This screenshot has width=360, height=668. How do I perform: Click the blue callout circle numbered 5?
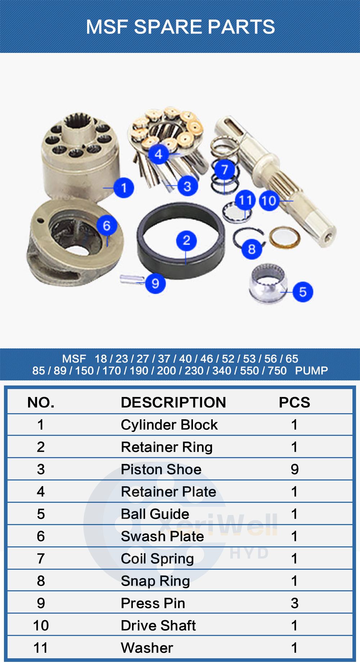pos(302,292)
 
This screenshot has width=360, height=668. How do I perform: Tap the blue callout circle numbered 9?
pos(155,283)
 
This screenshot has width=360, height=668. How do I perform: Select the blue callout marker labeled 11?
pos(246,200)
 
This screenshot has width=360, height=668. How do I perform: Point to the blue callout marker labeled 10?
pos(269,201)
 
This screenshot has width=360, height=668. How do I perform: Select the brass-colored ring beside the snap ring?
pos(284,237)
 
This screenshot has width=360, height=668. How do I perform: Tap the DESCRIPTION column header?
pos(173,402)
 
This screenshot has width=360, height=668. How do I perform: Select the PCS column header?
pos(294,402)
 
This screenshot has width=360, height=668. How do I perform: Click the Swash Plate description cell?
pos(162,536)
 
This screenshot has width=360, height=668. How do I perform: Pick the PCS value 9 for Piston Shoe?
pos(294,469)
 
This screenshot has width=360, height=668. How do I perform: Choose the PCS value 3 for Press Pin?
pos(294,603)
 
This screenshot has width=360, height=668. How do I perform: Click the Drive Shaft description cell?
pos(158,626)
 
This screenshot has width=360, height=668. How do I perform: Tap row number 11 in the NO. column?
pos(41,648)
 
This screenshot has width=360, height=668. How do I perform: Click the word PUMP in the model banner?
pos(311,371)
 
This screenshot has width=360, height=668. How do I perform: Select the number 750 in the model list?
pos(277,371)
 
